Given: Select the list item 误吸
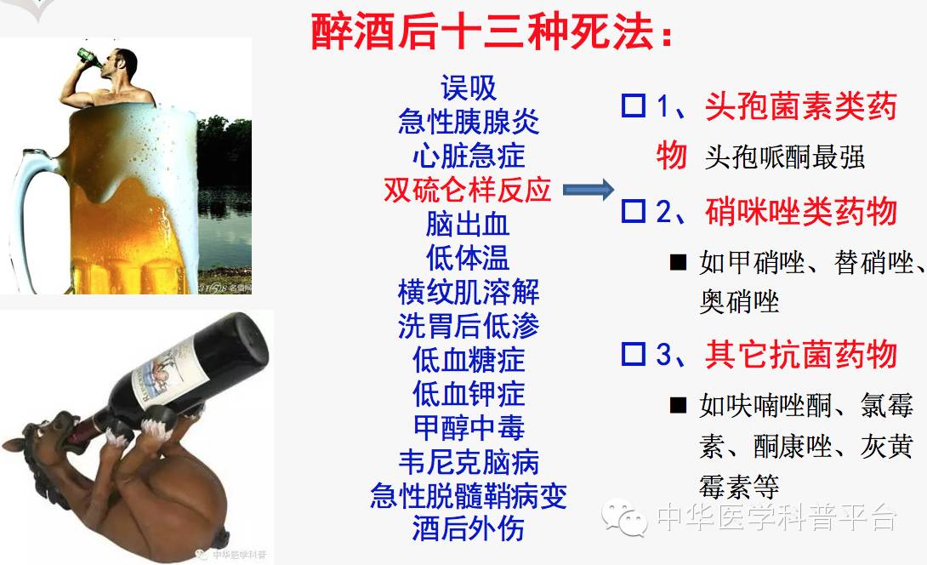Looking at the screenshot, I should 469,88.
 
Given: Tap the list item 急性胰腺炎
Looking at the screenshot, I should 469,122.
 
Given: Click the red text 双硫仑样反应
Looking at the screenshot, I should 468,190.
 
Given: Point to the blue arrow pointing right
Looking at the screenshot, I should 588,191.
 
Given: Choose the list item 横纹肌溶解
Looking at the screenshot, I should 469,292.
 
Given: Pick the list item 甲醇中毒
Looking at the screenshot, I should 469,427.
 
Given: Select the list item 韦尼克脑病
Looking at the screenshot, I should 469,461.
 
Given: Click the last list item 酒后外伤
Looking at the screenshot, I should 469,528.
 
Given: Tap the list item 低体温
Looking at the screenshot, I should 469,258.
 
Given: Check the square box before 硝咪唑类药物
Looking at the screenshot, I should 633,210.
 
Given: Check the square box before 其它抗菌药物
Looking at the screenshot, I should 633,353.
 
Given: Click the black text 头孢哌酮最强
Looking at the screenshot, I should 785,157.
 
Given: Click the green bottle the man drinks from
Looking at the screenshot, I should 88,58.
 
